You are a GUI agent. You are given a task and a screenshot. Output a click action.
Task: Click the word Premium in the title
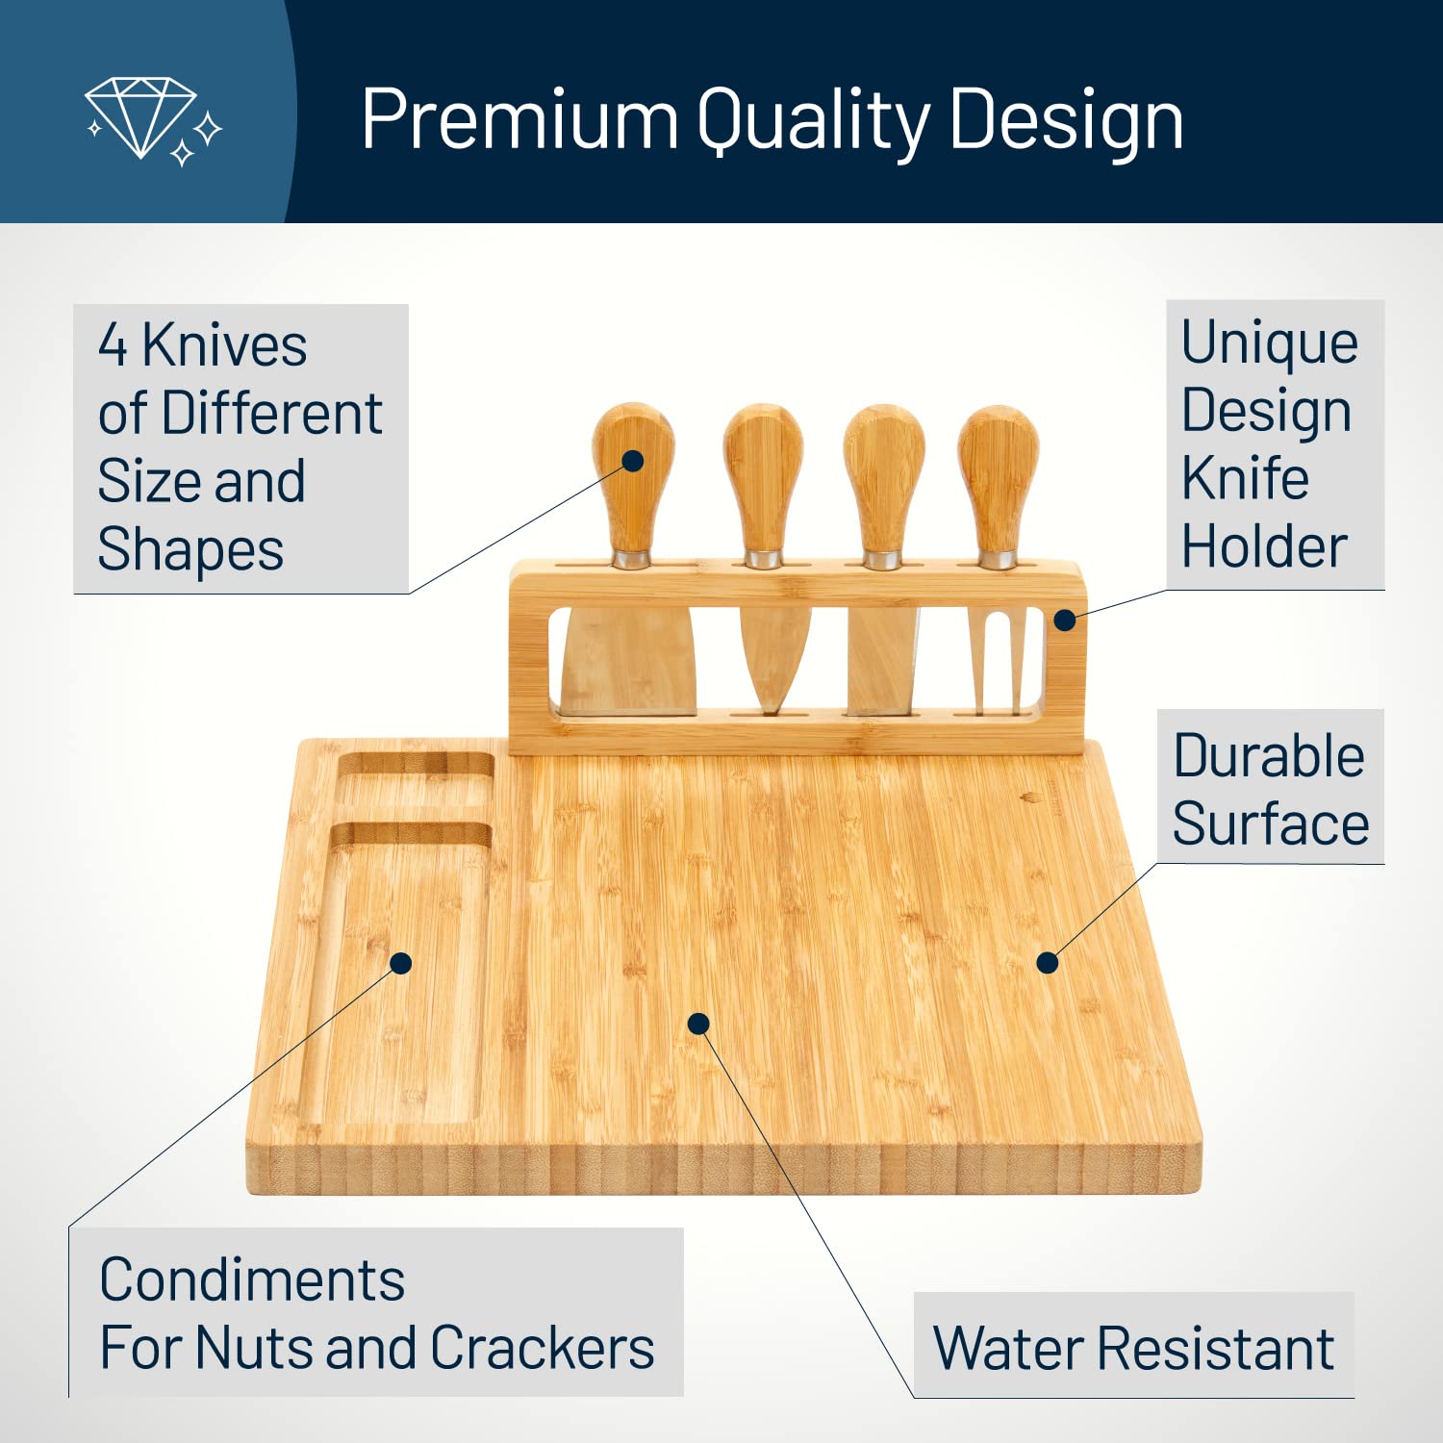(x=519, y=120)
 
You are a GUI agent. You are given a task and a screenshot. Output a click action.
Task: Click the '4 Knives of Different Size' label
(x=240, y=447)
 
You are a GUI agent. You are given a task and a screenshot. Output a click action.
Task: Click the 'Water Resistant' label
(x=1133, y=1347)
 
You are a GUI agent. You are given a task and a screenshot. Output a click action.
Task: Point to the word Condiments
(x=252, y=1280)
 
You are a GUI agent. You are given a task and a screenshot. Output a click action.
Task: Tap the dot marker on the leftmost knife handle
(x=633, y=461)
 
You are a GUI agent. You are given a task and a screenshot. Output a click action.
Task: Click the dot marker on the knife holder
(x=1064, y=620)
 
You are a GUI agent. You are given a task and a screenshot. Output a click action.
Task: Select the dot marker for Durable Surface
(x=1048, y=962)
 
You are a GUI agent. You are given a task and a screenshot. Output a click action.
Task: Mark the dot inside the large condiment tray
(x=401, y=963)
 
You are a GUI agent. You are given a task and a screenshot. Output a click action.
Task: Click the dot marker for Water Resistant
(x=699, y=1024)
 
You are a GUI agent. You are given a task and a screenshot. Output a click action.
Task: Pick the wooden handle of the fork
(x=999, y=481)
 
